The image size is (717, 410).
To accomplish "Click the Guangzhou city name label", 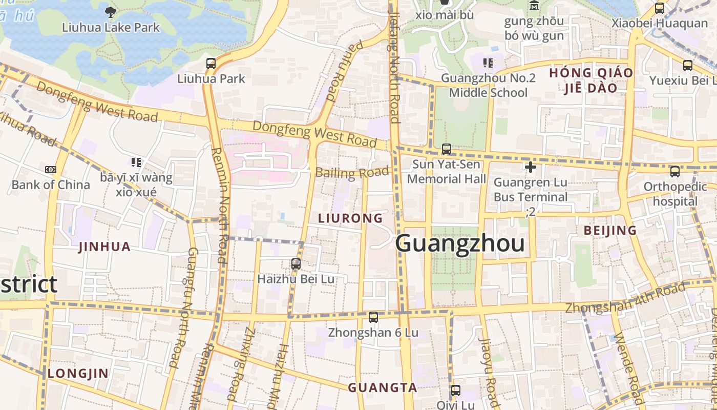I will tap(460, 243).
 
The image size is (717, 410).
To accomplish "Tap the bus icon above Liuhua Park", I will tap(211, 64).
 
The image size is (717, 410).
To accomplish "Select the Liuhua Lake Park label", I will tap(111, 27).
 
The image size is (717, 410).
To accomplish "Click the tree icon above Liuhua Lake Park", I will tap(110, 11).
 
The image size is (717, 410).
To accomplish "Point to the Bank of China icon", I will tap(51, 169).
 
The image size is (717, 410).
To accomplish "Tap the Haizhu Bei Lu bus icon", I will tap(296, 264).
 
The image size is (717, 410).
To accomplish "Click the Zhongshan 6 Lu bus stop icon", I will tap(373, 317).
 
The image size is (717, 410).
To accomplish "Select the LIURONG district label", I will tap(350, 218).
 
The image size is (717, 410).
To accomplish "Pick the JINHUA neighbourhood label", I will tap(104, 247).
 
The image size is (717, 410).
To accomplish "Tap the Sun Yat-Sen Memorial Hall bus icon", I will tap(447, 149).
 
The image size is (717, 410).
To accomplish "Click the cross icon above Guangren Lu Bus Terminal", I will tap(531, 167).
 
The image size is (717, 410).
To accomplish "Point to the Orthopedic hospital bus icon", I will tap(675, 172).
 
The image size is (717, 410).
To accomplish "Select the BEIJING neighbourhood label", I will tap(610, 231).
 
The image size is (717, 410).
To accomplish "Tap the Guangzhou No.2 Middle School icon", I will tap(488, 63).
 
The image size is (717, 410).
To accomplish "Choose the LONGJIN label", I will tap(78, 374).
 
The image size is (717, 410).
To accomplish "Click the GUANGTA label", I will tap(383, 388).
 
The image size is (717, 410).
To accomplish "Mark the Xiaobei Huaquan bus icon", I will tap(660, 8).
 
